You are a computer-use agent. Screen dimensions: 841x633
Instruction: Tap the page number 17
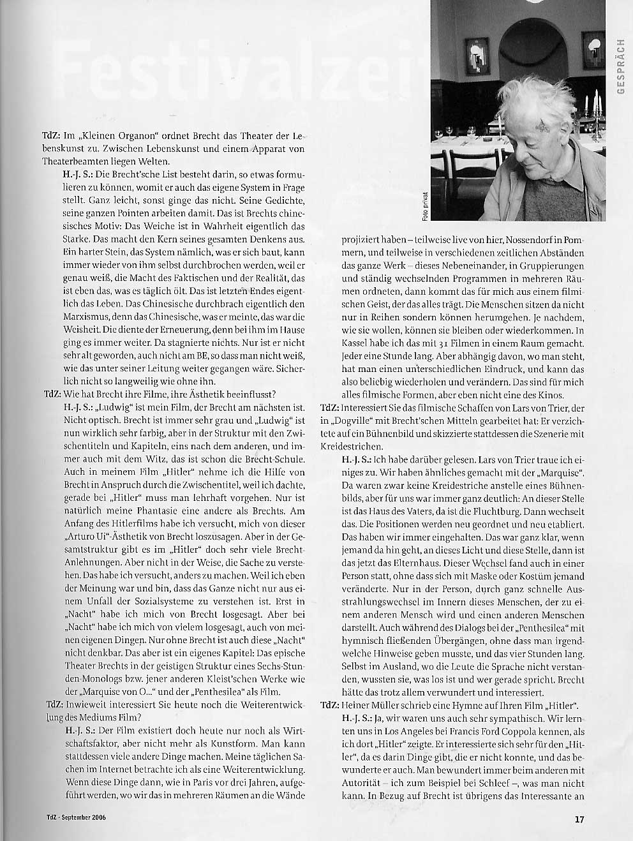coord(579,818)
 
